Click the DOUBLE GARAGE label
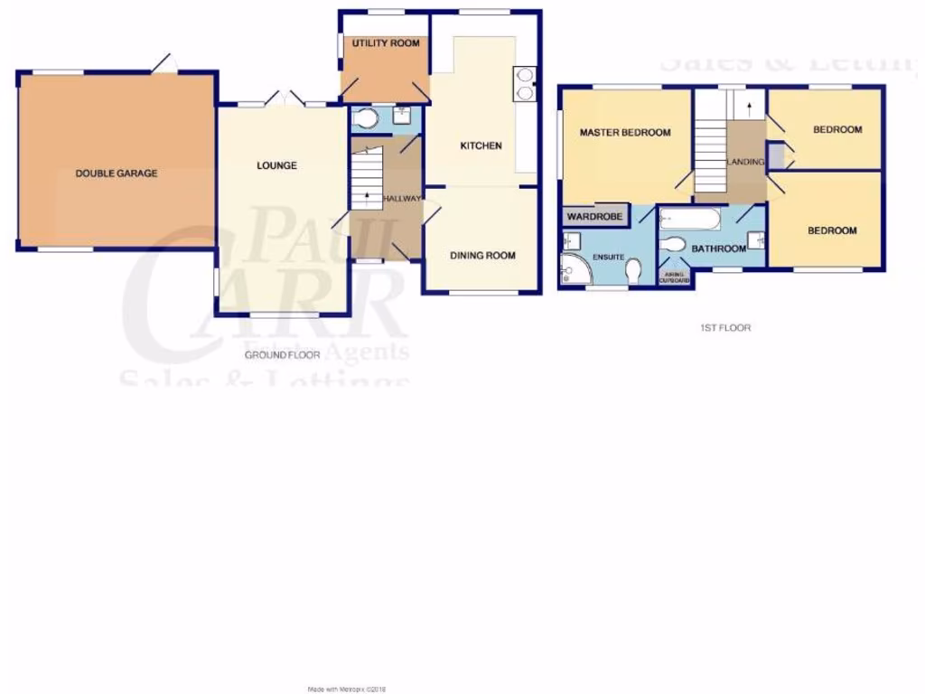click(116, 173)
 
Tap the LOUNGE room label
click(276, 165)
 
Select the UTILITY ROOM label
click(386, 42)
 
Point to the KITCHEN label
click(481, 145)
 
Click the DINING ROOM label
click(482, 256)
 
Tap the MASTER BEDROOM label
click(625, 133)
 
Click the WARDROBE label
click(594, 217)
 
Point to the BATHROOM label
click(719, 249)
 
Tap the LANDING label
click(746, 162)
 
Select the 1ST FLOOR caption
click(726, 328)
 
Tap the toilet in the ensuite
click(633, 270)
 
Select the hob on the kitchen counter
click(523, 82)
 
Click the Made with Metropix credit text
click(346, 689)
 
